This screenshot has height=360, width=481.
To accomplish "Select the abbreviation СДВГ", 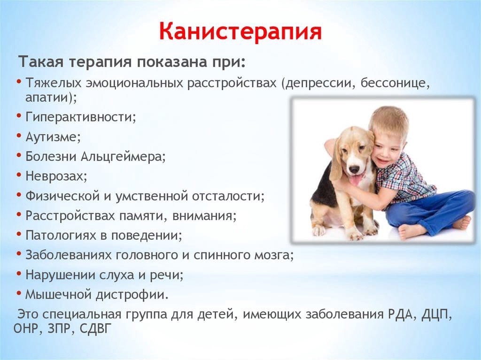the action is (x=94, y=329).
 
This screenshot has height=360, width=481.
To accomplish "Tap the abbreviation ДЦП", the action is (x=435, y=314).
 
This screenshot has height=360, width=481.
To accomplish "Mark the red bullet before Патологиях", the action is (x=19, y=235).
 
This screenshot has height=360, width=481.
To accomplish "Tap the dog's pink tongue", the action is (x=356, y=181).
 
